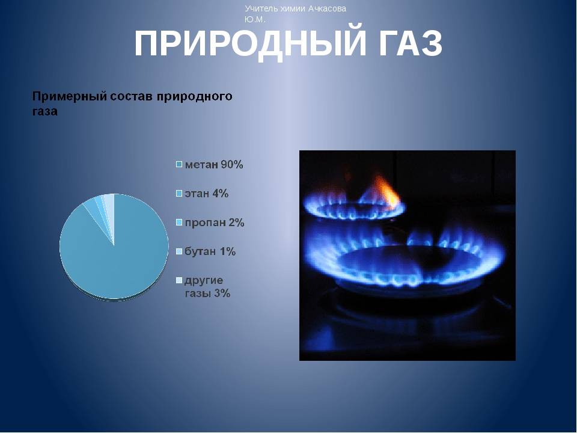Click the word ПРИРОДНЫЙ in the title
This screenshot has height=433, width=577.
click(250, 43)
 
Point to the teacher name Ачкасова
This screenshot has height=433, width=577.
click(327, 8)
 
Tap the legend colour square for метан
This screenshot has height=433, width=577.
click(179, 164)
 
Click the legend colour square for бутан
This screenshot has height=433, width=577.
click(179, 251)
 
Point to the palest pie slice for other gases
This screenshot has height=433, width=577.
click(109, 206)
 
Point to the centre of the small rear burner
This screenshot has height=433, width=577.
click(353, 209)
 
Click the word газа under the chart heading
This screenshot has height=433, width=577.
click(45, 112)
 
